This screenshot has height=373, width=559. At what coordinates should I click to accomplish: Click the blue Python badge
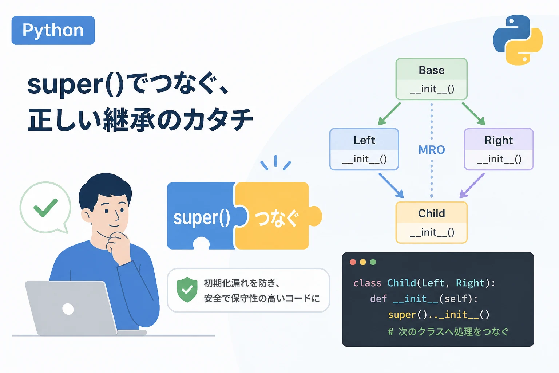pos(53,31)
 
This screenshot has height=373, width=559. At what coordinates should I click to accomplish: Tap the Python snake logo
pos(518,40)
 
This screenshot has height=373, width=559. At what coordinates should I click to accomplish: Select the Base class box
pos(432,79)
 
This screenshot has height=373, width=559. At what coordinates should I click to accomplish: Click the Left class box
pos(364,149)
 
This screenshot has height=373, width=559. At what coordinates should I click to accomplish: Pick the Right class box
pos(499,149)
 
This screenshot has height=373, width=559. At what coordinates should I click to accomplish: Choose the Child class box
pos(432,222)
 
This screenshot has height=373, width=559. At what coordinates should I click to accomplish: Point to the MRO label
pos(432,150)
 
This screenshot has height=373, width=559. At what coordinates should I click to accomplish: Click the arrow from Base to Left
pos(389,114)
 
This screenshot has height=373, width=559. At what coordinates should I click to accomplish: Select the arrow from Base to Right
pos(473,114)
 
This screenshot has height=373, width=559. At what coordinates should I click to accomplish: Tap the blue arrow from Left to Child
pos(391,186)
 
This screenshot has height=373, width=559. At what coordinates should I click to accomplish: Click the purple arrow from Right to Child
pos(472,186)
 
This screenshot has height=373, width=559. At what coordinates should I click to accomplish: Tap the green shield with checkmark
pos(187,290)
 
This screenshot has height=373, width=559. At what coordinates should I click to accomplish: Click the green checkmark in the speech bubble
pos(45,207)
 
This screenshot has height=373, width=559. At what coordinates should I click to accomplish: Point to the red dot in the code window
pos(353,262)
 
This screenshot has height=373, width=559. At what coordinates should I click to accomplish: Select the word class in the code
pos(367,283)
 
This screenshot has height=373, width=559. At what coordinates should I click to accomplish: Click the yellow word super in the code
pos(402,315)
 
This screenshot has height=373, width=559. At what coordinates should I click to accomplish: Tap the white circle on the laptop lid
pos(68,309)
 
